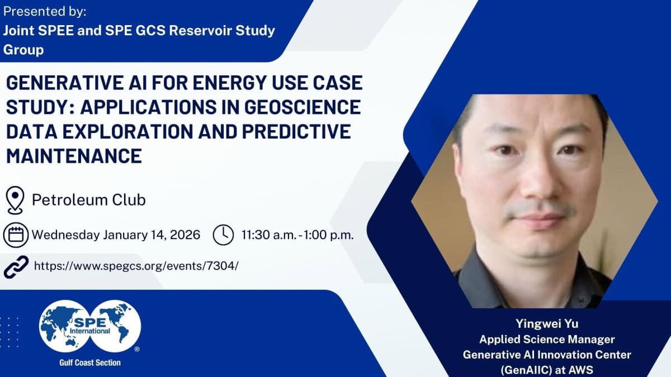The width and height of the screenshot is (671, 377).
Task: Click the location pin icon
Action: tap(15, 200)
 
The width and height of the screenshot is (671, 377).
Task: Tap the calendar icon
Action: tap(16, 235)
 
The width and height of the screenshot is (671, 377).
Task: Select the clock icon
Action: tap(223, 235)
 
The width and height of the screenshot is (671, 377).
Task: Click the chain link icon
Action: tap(16, 267)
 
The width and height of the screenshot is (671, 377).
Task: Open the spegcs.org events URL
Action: tap(136, 266)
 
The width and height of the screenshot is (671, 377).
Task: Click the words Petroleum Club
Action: tap(89, 199)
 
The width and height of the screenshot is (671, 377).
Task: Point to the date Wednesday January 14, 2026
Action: tap(116, 235)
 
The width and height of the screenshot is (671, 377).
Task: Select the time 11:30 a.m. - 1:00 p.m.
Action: tap(297, 235)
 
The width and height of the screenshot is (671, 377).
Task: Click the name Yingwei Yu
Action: tap(547, 324)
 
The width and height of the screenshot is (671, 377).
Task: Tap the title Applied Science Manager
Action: tap(547, 340)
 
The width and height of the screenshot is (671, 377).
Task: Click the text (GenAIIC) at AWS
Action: tap(547, 370)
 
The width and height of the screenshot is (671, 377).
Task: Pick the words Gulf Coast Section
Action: tap(90, 362)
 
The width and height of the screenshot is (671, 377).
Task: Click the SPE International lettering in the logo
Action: tap(90, 326)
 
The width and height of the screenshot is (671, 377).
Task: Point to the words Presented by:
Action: tap(45, 11)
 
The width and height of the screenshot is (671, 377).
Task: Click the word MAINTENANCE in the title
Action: tap(74, 156)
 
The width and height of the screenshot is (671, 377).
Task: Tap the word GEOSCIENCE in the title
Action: tap(303, 107)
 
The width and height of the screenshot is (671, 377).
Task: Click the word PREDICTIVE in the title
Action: tap(296, 131)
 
